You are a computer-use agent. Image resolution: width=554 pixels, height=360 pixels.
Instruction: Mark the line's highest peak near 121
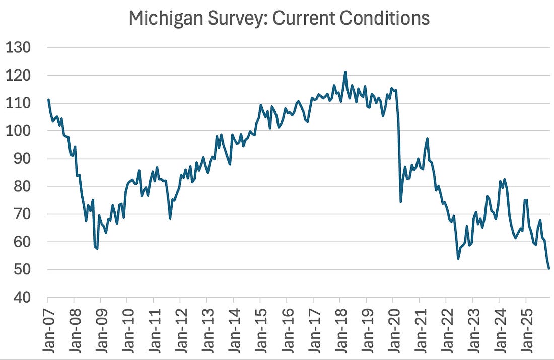tap(345, 72)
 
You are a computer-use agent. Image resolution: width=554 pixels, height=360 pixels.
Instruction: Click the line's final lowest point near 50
tap(548, 268)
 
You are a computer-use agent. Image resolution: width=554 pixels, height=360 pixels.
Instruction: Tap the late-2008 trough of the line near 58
tap(97, 248)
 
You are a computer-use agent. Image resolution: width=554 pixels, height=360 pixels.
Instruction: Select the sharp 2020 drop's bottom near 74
tap(401, 202)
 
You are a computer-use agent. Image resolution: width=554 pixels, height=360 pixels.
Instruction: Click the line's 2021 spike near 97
tap(427, 138)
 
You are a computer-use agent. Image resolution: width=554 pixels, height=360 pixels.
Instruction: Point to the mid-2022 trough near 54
tap(458, 259)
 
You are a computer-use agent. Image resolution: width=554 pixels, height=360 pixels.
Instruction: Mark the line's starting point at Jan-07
tap(48, 100)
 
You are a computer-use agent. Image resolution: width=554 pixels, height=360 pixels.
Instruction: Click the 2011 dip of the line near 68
tap(170, 218)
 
